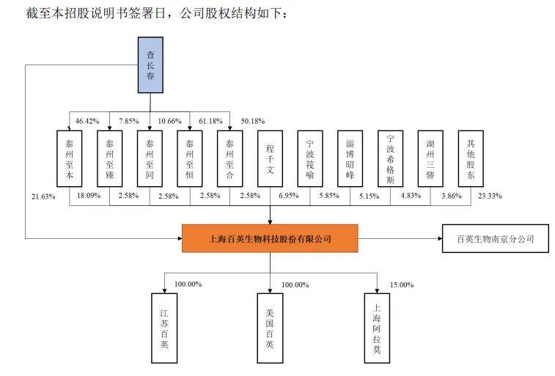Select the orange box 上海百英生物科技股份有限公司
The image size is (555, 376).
coord(271,239)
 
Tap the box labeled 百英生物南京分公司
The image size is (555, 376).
coord(495,239)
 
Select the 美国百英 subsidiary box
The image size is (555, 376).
coord(271,327)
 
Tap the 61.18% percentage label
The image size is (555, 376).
coord(210,120)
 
